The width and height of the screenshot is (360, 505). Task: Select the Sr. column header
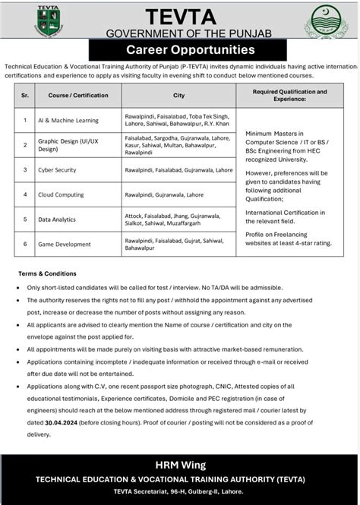25,95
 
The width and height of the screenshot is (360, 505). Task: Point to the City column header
178,95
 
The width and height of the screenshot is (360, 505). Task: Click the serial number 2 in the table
25,144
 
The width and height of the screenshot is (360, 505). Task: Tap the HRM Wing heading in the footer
180,464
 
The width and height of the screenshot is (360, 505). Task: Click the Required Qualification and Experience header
292,95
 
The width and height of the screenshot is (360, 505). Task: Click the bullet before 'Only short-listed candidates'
17,288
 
